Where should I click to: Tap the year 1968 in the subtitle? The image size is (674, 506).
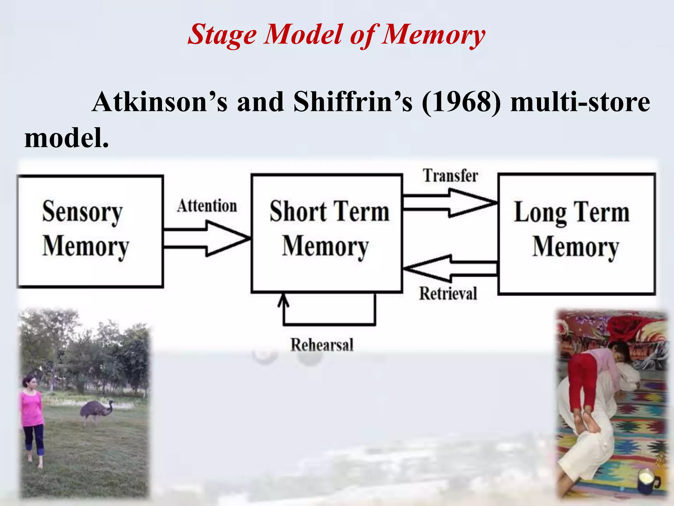461,102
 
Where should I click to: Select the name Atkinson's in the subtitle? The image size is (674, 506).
160,102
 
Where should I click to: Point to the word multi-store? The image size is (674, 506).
580,102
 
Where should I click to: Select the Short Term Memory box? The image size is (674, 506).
327,233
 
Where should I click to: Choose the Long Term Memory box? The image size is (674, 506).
577,234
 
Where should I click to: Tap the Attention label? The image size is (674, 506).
207,206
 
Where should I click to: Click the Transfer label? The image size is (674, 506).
450,176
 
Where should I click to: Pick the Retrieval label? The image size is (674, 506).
448,294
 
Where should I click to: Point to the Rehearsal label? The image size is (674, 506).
322,345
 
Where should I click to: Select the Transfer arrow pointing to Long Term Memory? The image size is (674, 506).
450,203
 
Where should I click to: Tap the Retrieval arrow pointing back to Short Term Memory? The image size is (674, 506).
450,268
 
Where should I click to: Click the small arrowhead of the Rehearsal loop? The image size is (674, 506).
283,300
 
